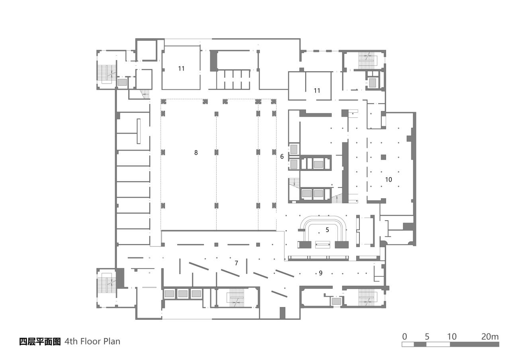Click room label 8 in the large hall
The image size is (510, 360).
[x=196, y=153]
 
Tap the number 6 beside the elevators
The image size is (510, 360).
[x=282, y=157]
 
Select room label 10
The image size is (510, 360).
[x=388, y=180]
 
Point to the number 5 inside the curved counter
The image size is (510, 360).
[x=328, y=230]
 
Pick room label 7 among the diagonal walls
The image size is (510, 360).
[x=236, y=263]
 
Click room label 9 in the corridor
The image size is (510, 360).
[x=320, y=273]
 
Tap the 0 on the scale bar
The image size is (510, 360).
[x=404, y=337]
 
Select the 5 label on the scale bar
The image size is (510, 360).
[x=427, y=337]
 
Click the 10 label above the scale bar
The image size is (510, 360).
[x=451, y=337]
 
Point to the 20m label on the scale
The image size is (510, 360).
[x=490, y=337]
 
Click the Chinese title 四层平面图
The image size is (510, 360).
[x=40, y=341]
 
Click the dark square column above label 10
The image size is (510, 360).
[x=383, y=157]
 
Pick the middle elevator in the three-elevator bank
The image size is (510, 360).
[x=183, y=294]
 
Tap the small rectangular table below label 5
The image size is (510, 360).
[x=322, y=244]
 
